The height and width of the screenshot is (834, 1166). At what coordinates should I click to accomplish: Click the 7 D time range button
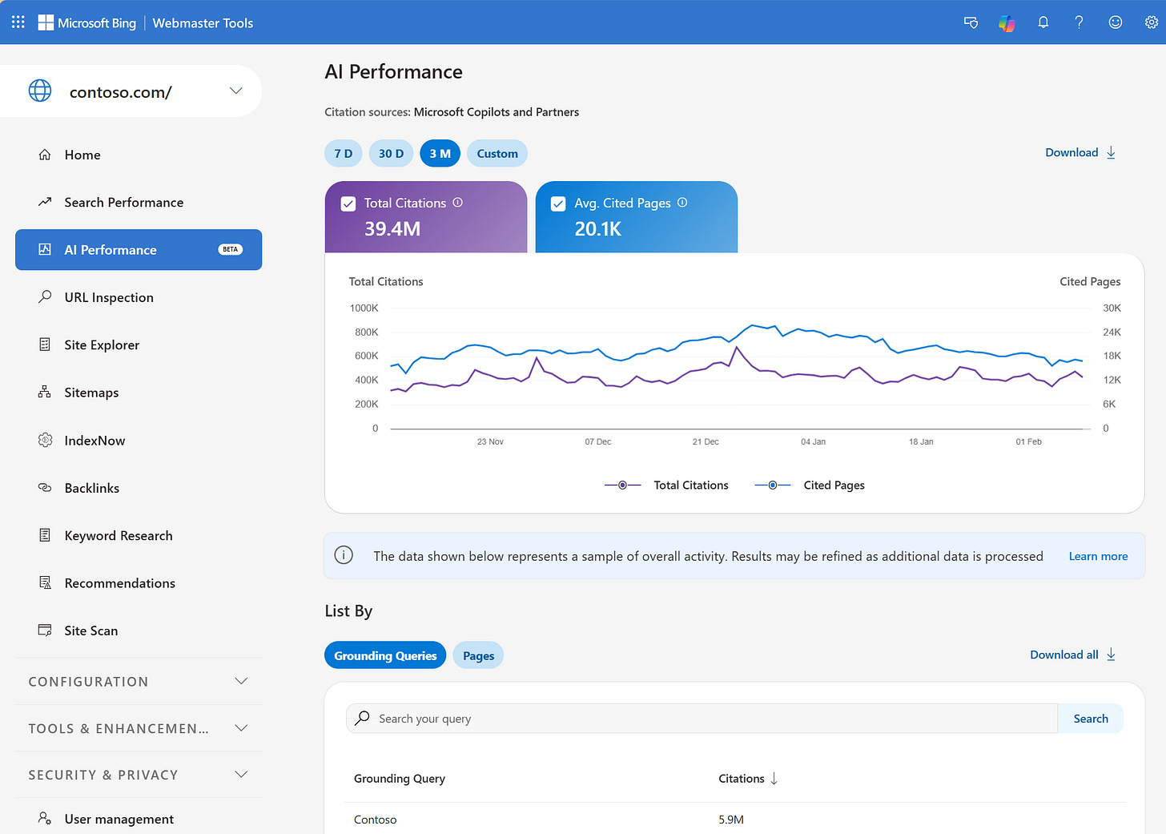343,154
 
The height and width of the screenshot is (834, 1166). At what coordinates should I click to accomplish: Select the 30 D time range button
391,154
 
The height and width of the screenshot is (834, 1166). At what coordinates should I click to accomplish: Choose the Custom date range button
497,154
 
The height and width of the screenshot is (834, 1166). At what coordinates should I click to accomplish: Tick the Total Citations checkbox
348,204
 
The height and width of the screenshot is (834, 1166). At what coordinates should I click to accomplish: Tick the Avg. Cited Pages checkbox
558,204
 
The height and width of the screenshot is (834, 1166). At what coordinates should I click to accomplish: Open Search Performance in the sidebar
123,203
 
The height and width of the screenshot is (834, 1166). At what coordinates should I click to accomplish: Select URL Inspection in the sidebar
109,298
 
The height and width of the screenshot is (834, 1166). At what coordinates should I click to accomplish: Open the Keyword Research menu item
119,536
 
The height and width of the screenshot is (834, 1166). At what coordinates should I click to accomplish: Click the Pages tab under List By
478,656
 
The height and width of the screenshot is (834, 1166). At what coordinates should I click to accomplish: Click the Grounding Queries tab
385,656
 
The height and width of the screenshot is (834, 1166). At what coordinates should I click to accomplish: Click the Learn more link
1098,557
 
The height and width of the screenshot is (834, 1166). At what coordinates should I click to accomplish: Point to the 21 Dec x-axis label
706,442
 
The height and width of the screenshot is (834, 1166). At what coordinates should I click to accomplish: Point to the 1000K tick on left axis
364,308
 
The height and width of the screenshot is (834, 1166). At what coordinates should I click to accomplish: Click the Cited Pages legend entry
833,485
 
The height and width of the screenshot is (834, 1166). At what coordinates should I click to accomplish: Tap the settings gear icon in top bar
1151,22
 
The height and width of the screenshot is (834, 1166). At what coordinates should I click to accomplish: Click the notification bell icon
1043,22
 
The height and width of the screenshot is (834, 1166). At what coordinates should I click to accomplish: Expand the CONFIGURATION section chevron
241,682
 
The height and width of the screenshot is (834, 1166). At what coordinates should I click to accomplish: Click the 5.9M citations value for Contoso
731,820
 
